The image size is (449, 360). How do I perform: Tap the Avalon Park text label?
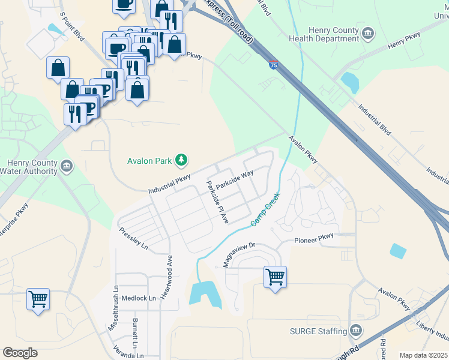(x=149, y=161)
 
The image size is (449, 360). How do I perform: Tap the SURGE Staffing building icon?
(x=356, y=331)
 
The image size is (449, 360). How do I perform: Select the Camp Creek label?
(x=265, y=209)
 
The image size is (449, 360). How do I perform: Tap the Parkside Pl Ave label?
(x=217, y=202)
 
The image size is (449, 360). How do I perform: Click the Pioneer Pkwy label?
(x=313, y=240)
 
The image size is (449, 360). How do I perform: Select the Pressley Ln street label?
(x=133, y=238)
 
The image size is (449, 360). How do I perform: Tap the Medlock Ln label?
(x=139, y=298)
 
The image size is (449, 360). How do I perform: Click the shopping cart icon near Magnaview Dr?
(x=275, y=277)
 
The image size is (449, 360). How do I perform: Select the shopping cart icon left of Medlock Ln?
(x=38, y=298)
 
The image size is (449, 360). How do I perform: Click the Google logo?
(x=20, y=353)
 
